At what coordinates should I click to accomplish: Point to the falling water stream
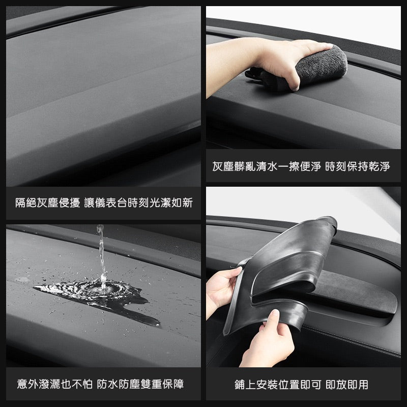pos(100,254)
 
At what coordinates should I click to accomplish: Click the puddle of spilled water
pos(102,293)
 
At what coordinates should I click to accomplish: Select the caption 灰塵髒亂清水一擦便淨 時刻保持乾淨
pos(301,166)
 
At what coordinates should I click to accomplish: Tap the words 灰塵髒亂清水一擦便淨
pos(266,166)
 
